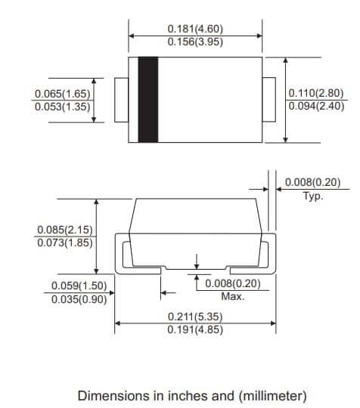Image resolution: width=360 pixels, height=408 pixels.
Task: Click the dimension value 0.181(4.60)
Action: click(x=196, y=29)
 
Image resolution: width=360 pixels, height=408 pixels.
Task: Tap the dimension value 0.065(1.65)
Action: click(x=62, y=94)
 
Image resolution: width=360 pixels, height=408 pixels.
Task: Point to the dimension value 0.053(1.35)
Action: click(x=62, y=107)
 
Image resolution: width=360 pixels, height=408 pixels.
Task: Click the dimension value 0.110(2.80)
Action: click(x=315, y=94)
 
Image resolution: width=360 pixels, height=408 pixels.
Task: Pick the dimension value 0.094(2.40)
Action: click(x=315, y=107)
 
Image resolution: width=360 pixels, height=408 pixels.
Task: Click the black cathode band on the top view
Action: click(x=147, y=99)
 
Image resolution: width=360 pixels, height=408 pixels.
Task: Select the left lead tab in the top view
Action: click(x=121, y=99)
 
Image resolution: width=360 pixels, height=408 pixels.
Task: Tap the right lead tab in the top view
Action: click(x=270, y=99)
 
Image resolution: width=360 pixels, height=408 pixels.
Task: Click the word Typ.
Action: click(x=312, y=196)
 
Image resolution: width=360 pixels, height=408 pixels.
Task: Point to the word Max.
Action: click(x=233, y=296)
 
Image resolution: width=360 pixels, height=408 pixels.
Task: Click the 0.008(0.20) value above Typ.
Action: click(x=313, y=182)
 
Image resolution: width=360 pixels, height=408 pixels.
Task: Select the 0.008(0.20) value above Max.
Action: click(x=233, y=283)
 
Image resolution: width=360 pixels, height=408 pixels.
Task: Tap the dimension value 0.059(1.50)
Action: click(x=79, y=286)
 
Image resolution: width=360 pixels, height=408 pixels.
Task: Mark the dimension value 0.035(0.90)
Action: click(x=79, y=298)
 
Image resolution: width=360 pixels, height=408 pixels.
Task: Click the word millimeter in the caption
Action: click(x=272, y=395)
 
